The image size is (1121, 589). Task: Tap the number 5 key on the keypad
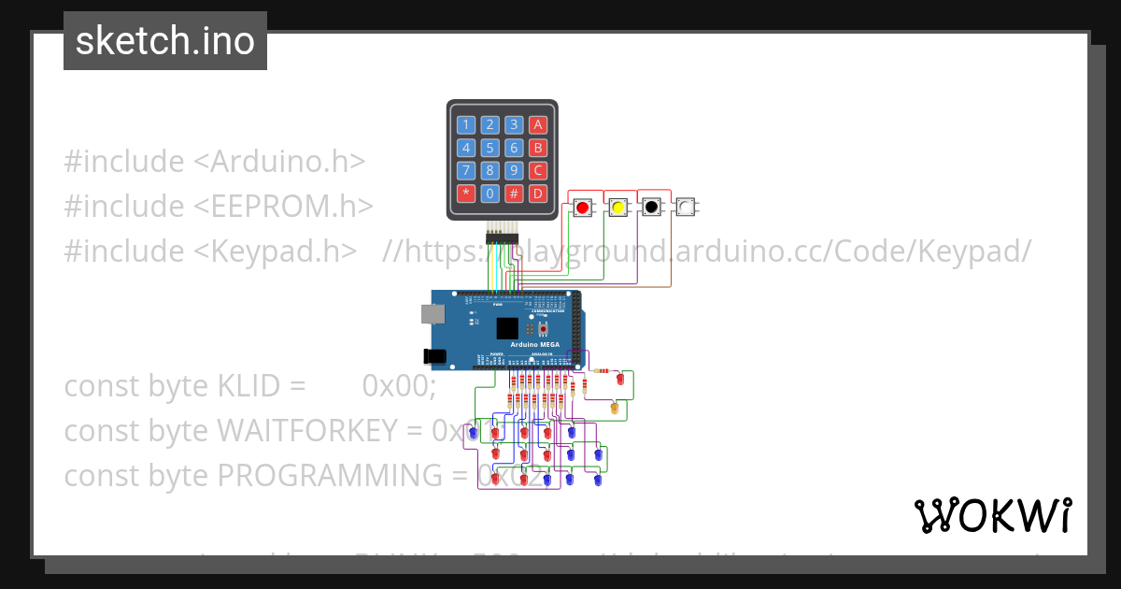click(490, 148)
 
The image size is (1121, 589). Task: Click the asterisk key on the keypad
click(465, 194)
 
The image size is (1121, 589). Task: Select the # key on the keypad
click(513, 194)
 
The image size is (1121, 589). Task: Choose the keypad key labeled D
click(537, 194)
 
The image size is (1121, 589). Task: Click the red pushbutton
click(582, 208)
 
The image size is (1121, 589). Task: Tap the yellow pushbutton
click(617, 208)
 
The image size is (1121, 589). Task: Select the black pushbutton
click(651, 208)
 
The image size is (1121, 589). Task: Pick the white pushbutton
click(685, 208)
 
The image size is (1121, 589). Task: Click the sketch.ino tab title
click(165, 41)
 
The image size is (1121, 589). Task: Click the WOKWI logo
click(992, 515)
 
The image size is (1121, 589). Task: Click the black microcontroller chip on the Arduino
click(507, 328)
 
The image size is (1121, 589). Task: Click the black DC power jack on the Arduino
click(434, 355)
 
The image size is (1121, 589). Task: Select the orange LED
click(614, 409)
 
